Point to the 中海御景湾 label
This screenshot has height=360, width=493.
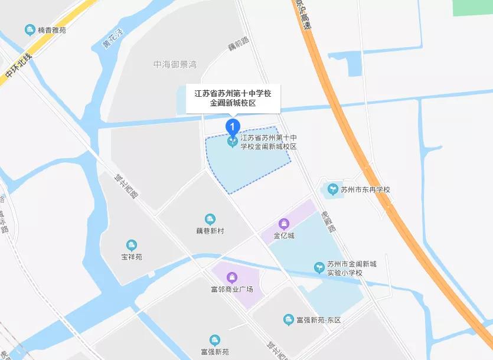tap(175, 64)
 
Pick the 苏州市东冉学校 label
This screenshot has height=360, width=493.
tap(365, 190)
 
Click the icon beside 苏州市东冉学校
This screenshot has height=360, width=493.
tap(332, 190)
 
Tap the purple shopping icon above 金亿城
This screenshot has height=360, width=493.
tap(284, 224)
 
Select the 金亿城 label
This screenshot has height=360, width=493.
tap(283, 236)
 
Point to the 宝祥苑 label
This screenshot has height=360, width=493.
tap(132, 257)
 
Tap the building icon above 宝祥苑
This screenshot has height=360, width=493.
tap(131, 245)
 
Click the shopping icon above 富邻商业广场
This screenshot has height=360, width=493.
tap(233, 277)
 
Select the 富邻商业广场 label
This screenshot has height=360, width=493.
tap(232, 289)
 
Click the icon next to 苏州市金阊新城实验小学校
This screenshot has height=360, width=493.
tap(319, 268)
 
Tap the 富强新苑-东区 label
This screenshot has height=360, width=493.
tap(319, 320)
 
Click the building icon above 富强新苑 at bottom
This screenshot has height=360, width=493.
tap(214, 340)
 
